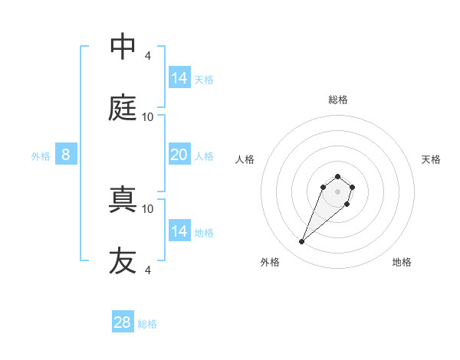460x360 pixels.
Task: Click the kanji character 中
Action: (123, 47)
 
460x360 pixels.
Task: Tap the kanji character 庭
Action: (123, 108)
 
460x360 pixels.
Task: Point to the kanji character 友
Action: (123, 261)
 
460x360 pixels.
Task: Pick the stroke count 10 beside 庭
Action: (148, 117)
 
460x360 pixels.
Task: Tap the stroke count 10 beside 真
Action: (148, 208)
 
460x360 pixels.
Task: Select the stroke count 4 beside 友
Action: (147, 270)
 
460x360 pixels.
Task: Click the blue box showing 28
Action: (123, 322)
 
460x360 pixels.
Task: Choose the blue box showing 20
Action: (179, 155)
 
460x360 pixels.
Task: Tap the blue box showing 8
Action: (66, 155)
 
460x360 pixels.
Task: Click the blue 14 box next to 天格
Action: (179, 77)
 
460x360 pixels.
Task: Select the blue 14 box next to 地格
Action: (179, 231)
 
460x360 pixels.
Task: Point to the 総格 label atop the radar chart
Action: (338, 100)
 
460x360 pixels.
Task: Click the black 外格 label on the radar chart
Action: (270, 262)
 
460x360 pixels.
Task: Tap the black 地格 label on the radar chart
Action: (402, 262)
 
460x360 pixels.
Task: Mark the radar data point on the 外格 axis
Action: (302, 242)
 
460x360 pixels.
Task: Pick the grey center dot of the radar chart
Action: (338, 191)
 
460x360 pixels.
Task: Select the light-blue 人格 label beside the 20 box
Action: (204, 156)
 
